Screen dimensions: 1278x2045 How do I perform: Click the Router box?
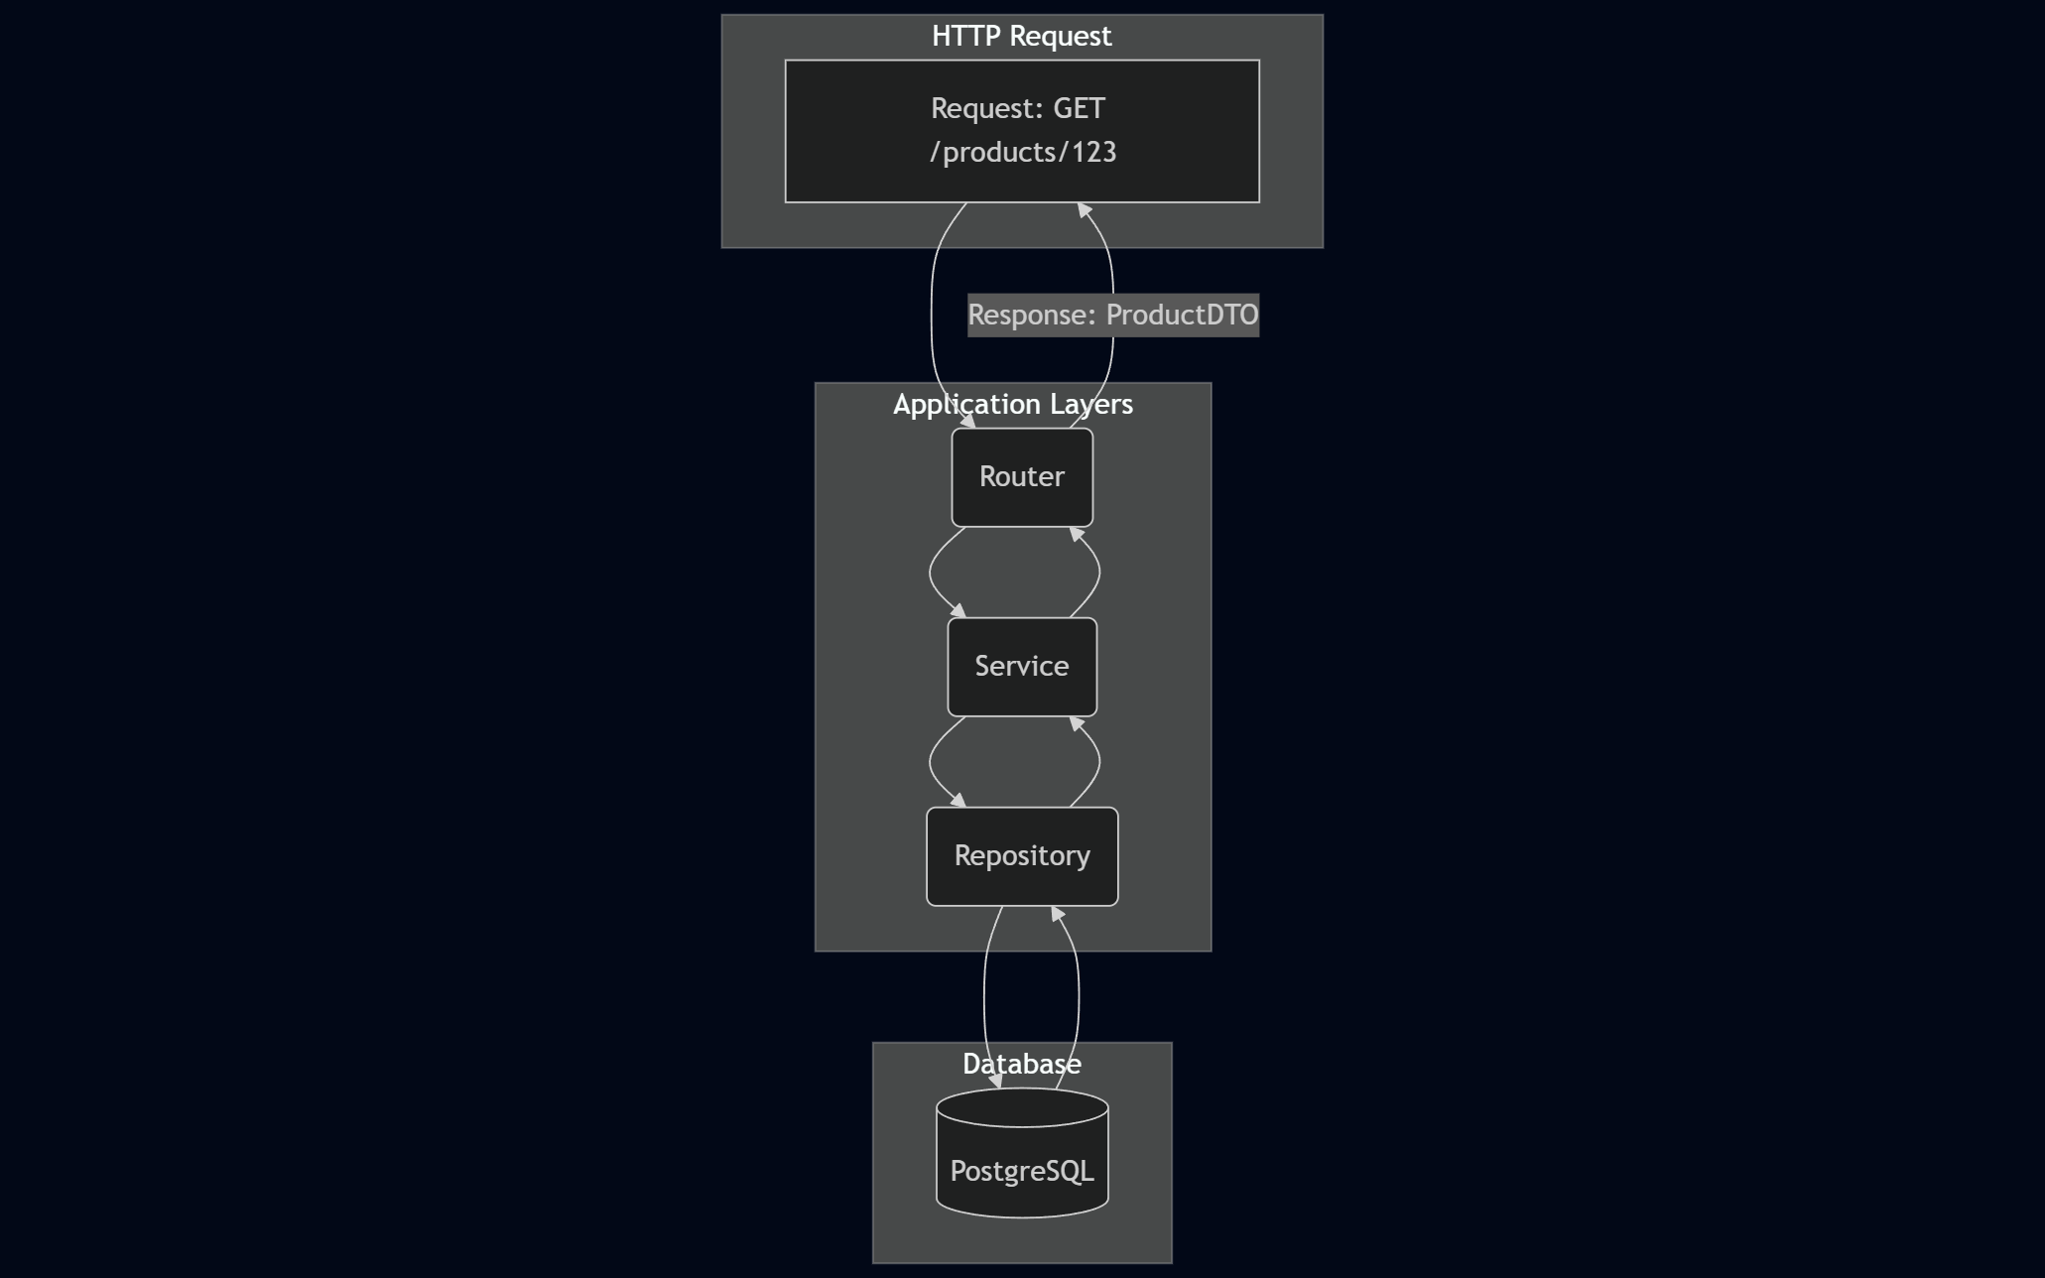(x=1022, y=477)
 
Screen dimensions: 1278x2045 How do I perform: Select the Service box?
(x=1022, y=667)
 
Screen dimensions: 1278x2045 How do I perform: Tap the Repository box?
(x=1022, y=856)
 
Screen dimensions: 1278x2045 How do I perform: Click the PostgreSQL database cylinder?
(x=1022, y=1161)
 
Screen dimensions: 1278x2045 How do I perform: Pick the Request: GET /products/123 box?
(x=1022, y=131)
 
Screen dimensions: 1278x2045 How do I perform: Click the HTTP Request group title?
(x=1022, y=37)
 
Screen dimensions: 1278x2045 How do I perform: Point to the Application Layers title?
(x=1013, y=405)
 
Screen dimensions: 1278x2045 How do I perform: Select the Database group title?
(x=1022, y=1065)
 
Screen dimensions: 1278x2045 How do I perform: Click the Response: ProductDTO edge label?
(x=1113, y=316)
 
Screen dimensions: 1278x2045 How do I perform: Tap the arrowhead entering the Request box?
(x=1084, y=210)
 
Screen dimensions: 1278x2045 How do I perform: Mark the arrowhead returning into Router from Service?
(x=1077, y=535)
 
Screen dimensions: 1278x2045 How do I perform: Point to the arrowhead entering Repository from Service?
(x=959, y=801)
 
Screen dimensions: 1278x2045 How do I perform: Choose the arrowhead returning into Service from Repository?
(x=1077, y=724)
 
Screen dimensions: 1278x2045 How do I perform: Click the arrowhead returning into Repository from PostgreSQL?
(x=1057, y=914)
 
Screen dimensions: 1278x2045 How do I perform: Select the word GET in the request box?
(x=1079, y=108)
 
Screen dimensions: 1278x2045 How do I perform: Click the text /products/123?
(x=1023, y=153)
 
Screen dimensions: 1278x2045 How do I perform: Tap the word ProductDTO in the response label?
(x=1182, y=316)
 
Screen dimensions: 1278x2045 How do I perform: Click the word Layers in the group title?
(x=1091, y=405)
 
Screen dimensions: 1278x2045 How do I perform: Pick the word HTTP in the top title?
(x=964, y=37)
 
